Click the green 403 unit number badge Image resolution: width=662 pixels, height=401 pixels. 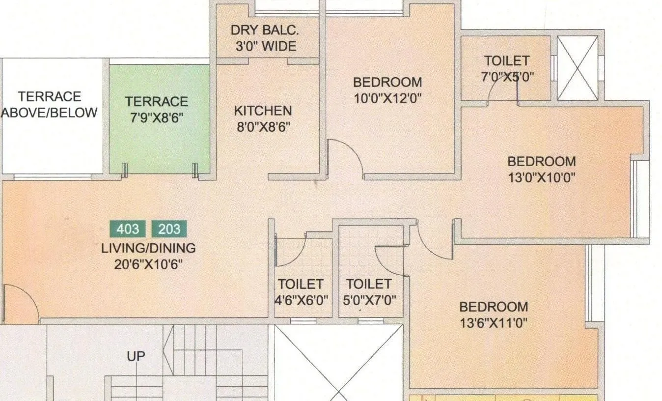[127, 229]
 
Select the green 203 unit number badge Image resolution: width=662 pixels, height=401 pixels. [169, 229]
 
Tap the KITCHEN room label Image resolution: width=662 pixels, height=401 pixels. [263, 111]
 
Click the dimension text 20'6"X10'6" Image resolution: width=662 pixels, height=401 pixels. [148, 264]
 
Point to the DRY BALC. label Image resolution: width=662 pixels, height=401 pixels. [264, 30]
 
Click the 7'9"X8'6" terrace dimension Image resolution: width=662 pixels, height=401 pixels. [157, 118]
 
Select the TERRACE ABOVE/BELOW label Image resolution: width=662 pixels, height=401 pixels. [49, 104]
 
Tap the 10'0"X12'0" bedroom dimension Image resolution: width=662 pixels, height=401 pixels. [387, 98]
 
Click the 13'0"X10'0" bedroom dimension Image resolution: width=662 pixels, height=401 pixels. [542, 177]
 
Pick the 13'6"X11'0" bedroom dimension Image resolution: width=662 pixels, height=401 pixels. [494, 323]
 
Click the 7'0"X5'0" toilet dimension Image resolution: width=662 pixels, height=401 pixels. [507, 77]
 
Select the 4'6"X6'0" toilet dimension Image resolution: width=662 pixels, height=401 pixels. [301, 300]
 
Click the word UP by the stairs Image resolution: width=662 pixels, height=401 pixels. [136, 356]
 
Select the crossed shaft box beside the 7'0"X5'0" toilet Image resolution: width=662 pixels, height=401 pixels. [577, 68]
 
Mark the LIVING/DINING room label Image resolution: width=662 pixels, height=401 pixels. [148, 248]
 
